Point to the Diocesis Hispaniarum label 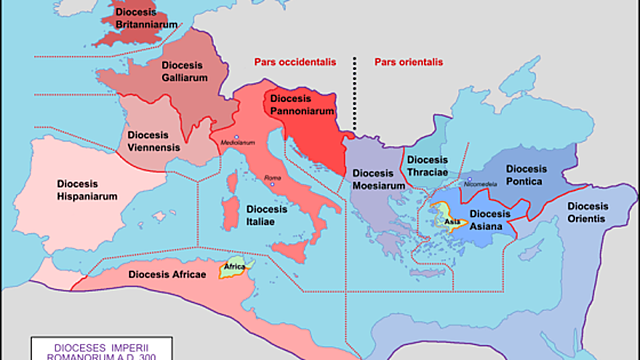(71, 192)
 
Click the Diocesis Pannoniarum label (298, 107)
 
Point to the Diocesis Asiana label (490, 220)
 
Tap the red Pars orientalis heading (409, 59)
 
